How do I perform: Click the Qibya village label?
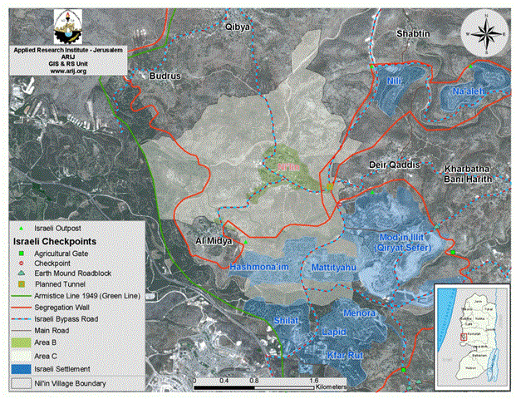pyautogui.click(x=238, y=27)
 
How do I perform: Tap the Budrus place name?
pyautogui.click(x=164, y=76)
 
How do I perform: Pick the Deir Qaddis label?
pyautogui.click(x=394, y=165)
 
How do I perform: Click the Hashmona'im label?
pyautogui.click(x=258, y=267)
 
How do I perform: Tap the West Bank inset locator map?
pyautogui.click(x=470, y=323)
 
